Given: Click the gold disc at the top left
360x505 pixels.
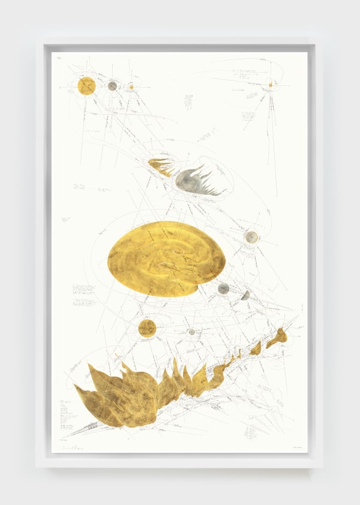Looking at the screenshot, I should (x=86, y=86).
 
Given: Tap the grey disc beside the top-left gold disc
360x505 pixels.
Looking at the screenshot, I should (x=112, y=86).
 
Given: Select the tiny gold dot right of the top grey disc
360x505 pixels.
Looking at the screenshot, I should (x=131, y=87).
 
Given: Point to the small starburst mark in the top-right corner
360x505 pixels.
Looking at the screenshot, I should (x=271, y=84).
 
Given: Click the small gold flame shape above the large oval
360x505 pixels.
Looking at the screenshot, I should (x=160, y=165).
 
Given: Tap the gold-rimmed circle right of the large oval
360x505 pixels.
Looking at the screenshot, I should (x=251, y=237).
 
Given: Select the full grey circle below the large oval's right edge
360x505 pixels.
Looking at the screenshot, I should (x=223, y=289).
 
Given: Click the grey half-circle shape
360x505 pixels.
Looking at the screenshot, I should (x=245, y=295).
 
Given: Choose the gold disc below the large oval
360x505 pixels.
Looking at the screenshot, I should (x=147, y=328).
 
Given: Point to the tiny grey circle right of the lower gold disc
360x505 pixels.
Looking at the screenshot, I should (x=191, y=331).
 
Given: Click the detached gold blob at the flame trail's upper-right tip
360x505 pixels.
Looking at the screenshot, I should (x=277, y=338).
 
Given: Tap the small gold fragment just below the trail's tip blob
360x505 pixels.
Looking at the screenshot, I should (x=256, y=348).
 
